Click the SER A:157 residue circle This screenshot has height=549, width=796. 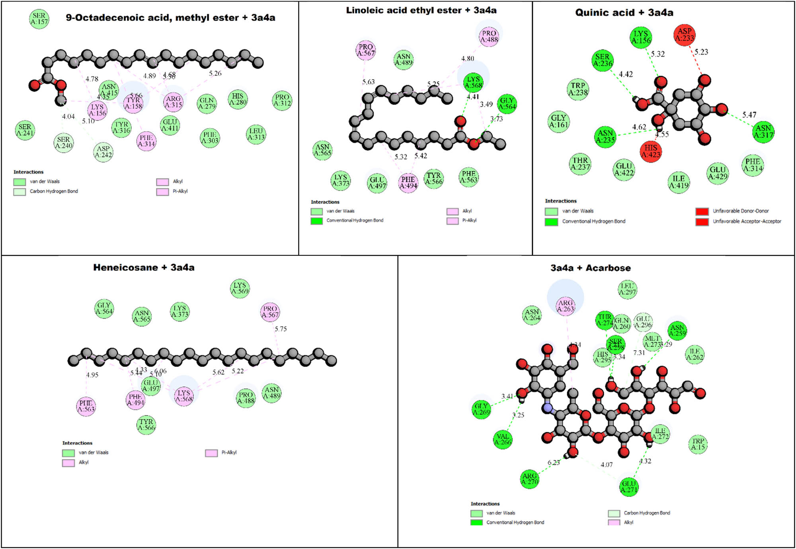coord(39,19)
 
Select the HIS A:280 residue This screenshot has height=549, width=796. coord(238,99)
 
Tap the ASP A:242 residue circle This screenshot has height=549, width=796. coord(103,152)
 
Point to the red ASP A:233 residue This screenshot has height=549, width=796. coord(685,35)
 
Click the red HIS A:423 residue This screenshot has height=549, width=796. coord(651,151)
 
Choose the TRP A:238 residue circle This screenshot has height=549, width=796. coord(578,89)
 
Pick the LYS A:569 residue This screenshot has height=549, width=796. coord(240,288)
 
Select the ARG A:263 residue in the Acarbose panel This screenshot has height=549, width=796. coord(566,306)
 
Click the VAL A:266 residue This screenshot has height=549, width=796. coord(503,439)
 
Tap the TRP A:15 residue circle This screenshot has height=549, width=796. coord(698,444)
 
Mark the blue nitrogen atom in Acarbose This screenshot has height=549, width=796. coord(548,408)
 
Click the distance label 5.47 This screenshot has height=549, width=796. coord(749,115)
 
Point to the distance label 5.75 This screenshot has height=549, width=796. coord(281,329)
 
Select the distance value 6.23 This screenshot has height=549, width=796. coord(554,463)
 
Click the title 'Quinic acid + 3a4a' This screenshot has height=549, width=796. coord(624,13)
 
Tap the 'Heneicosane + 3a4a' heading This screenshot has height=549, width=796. coord(144,267)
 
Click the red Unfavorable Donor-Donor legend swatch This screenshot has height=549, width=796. coord(702,211)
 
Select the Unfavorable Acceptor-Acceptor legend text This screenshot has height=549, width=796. coord(747,222)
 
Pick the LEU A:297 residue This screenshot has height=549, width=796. coord(627,289)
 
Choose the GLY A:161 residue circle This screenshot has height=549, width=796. coord(558,121)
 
